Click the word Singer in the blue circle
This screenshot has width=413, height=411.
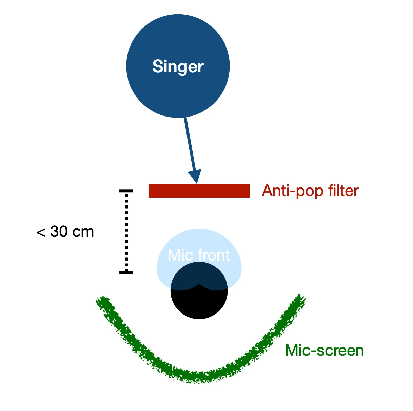point(178,67)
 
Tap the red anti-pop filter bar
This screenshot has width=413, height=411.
point(199,191)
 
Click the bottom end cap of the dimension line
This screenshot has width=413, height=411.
point(126,272)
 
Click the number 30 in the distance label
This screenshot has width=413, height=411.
point(59,232)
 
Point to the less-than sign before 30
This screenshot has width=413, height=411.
point(41,232)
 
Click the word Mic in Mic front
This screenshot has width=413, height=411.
point(180,255)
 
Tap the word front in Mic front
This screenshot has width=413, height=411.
point(214,255)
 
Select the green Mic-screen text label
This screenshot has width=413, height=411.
point(324,350)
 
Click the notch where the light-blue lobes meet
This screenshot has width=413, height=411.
point(199,283)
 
